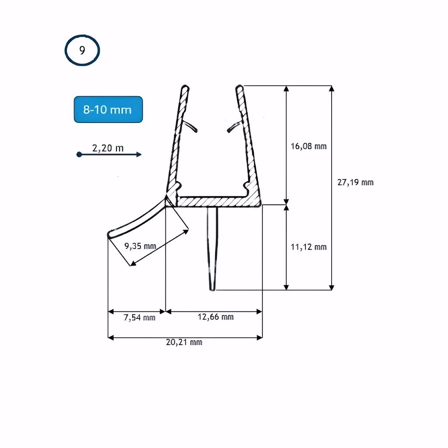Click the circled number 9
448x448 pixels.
(82, 50)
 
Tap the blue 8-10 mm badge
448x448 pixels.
(108, 109)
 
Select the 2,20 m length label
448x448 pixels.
(108, 148)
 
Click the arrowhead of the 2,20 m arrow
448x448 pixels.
(139, 154)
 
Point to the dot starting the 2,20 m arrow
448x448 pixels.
(79, 154)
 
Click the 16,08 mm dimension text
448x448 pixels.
(308, 146)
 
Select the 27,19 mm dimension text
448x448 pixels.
(355, 182)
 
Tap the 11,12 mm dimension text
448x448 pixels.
(308, 247)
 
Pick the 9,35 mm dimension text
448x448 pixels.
(140, 246)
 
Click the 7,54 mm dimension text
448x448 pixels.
(140, 318)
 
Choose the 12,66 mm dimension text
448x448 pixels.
(215, 317)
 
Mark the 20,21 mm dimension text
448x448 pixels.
(184, 342)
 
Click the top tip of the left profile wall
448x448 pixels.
(185, 87)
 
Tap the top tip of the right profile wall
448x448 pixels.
(239, 87)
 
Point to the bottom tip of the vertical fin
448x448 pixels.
(212, 288)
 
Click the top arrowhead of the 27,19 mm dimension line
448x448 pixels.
(332, 88)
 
